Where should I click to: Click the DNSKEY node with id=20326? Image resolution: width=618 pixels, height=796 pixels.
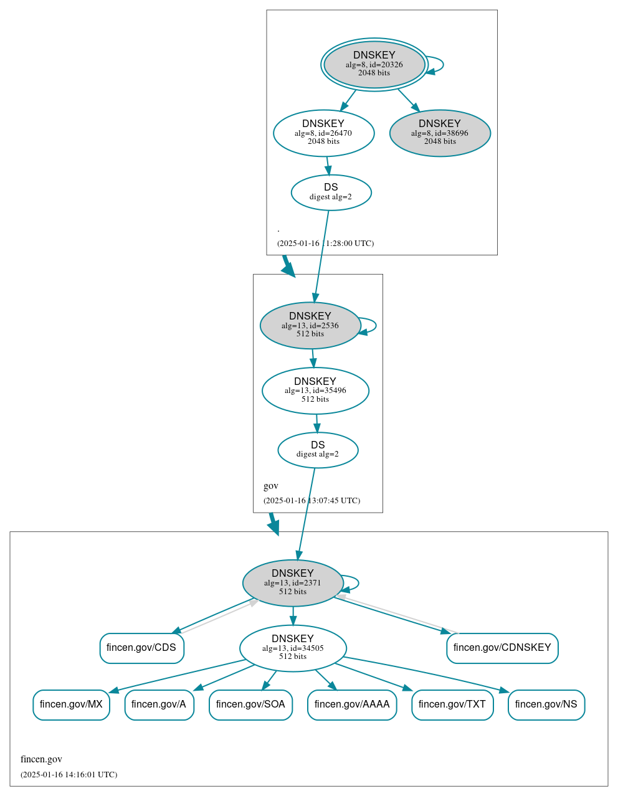coord(374,64)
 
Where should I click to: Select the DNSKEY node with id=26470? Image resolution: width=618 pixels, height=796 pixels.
coord(323,133)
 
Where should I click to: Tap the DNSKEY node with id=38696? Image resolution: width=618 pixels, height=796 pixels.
coord(440,133)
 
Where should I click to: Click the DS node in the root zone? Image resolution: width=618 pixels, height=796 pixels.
coord(331,192)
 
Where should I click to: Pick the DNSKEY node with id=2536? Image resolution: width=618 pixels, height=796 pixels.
coord(310,325)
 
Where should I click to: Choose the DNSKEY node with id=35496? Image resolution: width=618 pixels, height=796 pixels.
coord(315,391)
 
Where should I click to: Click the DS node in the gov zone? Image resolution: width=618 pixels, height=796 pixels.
coord(318,450)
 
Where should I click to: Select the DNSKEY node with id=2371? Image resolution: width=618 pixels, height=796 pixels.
coord(293,583)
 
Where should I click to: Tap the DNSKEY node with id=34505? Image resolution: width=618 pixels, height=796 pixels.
coord(293,648)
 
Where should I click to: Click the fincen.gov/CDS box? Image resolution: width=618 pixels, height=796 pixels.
coord(141,648)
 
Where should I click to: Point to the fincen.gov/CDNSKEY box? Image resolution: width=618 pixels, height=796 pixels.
coord(502,648)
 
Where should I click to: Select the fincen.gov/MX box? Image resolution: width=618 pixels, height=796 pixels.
coord(71,704)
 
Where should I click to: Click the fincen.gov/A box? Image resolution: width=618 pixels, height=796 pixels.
coord(159,704)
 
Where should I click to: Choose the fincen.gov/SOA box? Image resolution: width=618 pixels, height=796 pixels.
coord(250,704)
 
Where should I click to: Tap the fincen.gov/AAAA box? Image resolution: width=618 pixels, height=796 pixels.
coord(352,704)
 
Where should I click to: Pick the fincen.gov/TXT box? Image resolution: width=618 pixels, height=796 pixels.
coord(452,704)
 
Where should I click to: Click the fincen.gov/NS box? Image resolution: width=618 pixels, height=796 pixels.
coord(546,704)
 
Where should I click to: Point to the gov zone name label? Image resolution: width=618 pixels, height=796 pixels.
coord(271,486)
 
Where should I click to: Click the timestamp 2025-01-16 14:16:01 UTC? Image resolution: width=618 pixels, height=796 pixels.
coord(69,775)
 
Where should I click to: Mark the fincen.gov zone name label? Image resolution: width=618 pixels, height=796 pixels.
coord(41,759)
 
